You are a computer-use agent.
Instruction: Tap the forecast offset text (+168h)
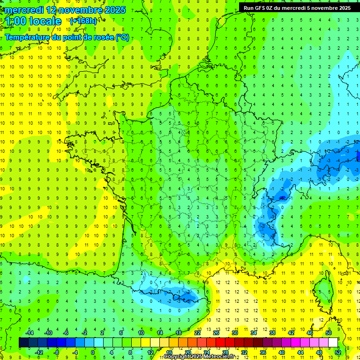tap(83, 21)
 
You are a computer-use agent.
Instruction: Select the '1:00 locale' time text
tap(33, 21)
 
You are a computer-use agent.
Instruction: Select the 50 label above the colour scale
tap(328, 333)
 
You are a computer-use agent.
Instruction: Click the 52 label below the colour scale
tap(338, 352)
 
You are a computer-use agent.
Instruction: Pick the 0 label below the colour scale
tap(93, 352)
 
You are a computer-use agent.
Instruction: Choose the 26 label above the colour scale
tap(216, 333)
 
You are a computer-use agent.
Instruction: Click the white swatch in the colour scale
tap(333, 343)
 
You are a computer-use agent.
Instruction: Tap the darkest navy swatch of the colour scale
tap(24, 343)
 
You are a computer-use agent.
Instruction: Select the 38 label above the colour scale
tap(272, 333)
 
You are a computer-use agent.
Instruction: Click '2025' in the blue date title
tap(113, 10)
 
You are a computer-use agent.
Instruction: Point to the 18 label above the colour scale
tap(178, 333)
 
